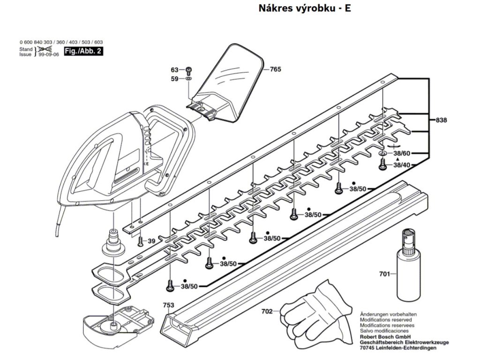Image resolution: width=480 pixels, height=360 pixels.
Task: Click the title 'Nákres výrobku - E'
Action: pos(304,8)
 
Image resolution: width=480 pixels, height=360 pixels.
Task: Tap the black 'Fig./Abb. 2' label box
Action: pos(83,51)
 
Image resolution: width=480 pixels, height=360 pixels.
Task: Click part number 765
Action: pos(275,69)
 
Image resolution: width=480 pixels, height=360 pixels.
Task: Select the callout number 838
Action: pos(441,120)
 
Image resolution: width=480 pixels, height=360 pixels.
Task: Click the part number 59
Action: pos(174,79)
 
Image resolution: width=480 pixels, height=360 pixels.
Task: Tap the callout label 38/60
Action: pos(402,153)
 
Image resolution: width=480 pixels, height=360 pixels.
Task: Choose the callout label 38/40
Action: pos(402,165)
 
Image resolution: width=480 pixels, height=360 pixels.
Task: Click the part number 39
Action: pos(151,241)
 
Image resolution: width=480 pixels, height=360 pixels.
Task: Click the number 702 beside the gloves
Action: pos(267,311)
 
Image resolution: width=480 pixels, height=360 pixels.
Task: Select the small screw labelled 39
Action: pos(141,241)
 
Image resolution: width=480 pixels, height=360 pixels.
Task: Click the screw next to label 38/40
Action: pos(382,164)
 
